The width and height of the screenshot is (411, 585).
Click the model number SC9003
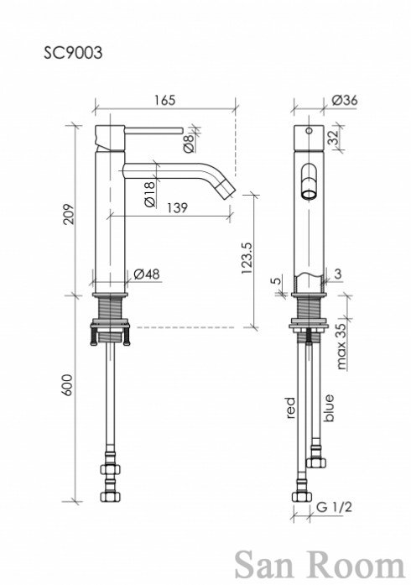click(x=73, y=53)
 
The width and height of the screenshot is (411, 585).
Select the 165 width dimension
click(x=164, y=100)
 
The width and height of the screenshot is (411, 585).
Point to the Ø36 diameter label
click(x=344, y=100)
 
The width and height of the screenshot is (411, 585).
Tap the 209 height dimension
click(x=69, y=214)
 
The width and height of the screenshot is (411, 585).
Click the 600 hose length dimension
click(x=69, y=385)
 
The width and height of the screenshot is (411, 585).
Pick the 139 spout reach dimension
click(x=177, y=207)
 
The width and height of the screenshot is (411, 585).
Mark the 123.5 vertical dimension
click(x=247, y=259)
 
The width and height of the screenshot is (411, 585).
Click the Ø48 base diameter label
click(x=146, y=274)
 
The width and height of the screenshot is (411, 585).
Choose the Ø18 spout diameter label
click(x=148, y=194)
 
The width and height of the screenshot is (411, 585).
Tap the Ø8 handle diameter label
click(x=189, y=144)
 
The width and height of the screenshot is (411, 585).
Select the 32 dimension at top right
click(x=333, y=137)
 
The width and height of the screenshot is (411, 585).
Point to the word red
click(x=290, y=407)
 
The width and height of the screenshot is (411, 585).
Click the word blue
click(x=329, y=408)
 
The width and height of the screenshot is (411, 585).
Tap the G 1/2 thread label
click(x=334, y=507)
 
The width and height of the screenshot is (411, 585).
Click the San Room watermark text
click(x=320, y=566)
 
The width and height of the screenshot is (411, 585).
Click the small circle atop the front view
click(x=309, y=131)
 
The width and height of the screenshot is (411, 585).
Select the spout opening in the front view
click(x=309, y=195)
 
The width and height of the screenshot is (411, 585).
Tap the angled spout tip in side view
click(x=228, y=189)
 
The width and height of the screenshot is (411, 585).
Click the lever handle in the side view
click(x=153, y=130)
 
